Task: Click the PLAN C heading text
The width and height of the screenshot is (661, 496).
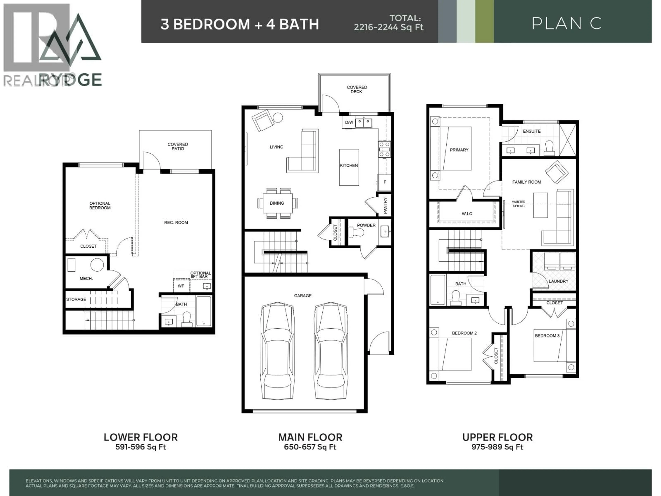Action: tap(566, 23)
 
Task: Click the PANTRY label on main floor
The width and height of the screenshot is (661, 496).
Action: tap(385, 205)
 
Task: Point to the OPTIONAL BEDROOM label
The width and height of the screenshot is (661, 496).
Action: tap(100, 205)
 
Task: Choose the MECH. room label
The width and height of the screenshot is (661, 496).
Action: tap(86, 278)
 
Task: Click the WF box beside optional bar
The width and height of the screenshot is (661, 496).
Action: tap(181, 286)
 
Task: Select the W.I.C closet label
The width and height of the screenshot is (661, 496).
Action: tap(467, 213)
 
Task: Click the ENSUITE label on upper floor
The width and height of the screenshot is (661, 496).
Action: tap(532, 131)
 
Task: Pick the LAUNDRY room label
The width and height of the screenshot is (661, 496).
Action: tap(558, 281)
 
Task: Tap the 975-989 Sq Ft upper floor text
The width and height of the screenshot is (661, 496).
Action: tap(497, 447)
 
